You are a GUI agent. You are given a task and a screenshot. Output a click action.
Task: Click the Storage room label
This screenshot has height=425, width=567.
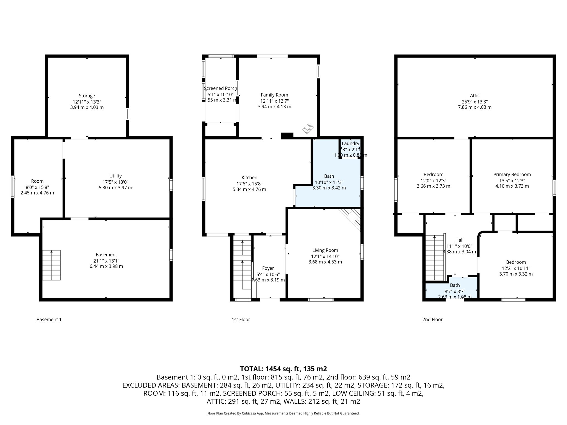tap(87, 96)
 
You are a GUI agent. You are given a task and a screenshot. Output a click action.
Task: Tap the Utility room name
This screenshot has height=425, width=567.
tap(115, 176)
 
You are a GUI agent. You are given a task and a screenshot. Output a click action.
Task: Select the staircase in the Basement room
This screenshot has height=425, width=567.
tap(51, 265)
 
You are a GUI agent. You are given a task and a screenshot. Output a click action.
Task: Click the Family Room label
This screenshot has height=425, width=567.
tap(274, 95)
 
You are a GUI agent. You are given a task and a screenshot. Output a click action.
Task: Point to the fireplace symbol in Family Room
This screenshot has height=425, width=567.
tap(308, 128)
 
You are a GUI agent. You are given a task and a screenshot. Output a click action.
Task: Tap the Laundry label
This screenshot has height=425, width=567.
tap(350, 143)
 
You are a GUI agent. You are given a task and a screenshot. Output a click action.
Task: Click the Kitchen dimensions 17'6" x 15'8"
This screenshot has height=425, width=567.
tap(249, 183)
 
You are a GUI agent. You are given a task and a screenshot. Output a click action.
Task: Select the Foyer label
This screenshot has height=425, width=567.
tap(268, 268)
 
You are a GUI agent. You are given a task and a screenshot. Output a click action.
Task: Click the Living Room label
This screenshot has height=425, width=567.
tap(325, 250)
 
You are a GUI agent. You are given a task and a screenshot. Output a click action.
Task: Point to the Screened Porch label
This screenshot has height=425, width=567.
tap(220, 88)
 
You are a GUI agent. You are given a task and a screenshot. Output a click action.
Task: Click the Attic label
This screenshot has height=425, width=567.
tap(475, 95)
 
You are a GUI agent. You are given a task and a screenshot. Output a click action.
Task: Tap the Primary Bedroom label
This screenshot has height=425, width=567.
tap(512, 174)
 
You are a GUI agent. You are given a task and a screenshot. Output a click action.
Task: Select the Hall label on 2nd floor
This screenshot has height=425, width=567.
tap(459, 240)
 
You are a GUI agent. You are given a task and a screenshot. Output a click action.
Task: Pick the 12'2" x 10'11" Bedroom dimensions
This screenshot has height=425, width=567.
tap(516, 268)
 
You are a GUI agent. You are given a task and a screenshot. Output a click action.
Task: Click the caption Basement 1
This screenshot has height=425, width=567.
tap(49, 320)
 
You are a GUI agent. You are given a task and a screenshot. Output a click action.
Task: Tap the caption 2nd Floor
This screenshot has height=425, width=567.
tap(432, 320)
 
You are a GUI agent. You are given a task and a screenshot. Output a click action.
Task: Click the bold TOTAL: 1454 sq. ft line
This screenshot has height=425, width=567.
tap(283, 369)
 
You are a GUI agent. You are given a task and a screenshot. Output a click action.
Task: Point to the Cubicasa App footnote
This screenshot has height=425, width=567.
tap(283, 413)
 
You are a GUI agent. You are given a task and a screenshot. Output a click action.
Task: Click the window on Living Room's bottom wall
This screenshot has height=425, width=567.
tap(321, 299)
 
